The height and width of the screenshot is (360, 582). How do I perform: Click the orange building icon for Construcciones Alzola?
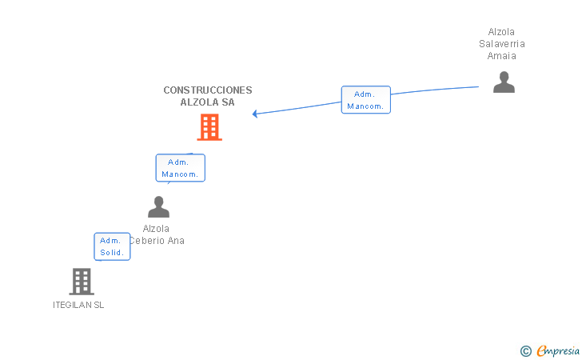click(209, 126)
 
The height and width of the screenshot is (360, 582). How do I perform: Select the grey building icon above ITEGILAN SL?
click(82, 282)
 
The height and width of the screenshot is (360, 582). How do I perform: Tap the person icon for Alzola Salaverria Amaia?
click(504, 82)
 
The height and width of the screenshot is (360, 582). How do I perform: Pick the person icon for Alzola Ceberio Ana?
click(158, 207)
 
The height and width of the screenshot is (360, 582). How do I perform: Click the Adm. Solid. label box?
click(112, 246)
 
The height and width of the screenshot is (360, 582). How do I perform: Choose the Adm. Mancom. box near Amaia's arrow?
click(366, 100)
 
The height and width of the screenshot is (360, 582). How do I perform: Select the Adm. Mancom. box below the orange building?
click(180, 168)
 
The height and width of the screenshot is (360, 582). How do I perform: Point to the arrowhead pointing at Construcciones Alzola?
click(255, 114)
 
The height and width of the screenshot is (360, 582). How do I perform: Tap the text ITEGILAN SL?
click(78, 305)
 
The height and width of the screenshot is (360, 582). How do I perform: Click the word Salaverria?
click(502, 44)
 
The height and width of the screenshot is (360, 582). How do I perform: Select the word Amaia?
click(502, 56)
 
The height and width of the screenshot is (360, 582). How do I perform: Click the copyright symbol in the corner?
click(525, 350)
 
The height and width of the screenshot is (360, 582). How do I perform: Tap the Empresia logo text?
click(558, 350)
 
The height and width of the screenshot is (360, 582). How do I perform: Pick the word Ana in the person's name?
click(176, 241)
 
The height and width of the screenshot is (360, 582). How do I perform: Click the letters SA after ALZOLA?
click(227, 102)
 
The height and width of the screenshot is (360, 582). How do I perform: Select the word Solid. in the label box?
click(112, 253)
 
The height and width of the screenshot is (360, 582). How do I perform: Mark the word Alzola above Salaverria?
click(502, 32)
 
